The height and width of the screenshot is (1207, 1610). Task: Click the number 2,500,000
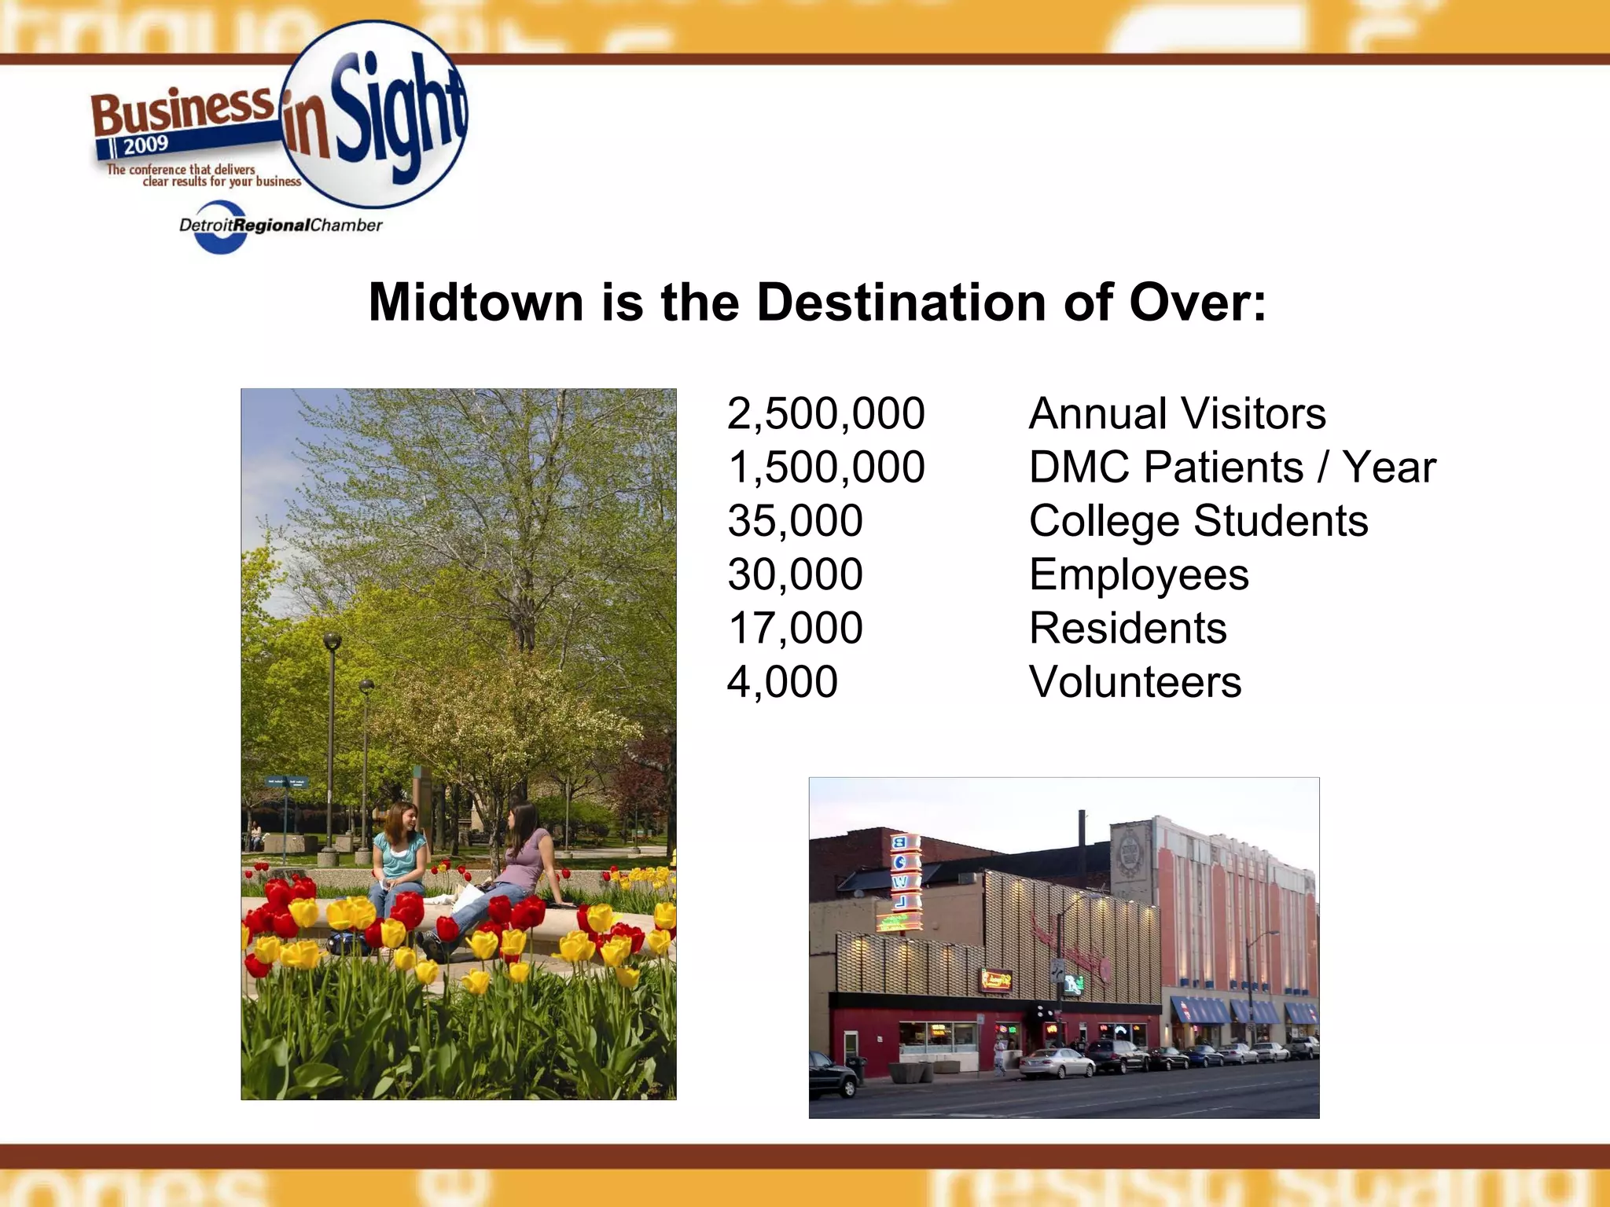(825, 414)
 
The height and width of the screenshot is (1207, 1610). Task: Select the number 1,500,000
(825, 468)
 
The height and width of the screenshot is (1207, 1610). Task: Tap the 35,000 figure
(795, 521)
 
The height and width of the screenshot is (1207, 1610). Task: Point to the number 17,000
(795, 629)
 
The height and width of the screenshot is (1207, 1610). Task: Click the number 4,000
(782, 682)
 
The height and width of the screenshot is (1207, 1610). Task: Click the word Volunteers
(1134, 682)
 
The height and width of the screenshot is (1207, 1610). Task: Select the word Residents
(1127, 629)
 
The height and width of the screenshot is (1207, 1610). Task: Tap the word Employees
(1138, 575)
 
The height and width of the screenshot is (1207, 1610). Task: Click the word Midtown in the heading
(476, 303)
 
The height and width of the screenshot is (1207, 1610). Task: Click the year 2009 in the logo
(145, 145)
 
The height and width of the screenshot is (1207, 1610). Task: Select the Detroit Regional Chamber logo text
(281, 226)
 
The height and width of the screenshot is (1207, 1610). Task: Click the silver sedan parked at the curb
(1057, 1063)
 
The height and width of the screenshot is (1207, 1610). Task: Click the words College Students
(1198, 521)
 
